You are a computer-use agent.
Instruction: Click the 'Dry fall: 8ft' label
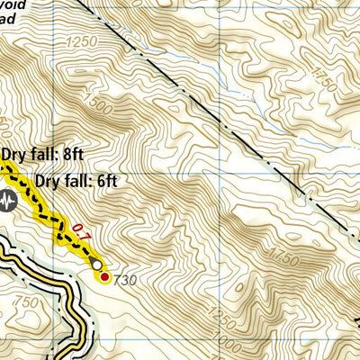coord(42,154)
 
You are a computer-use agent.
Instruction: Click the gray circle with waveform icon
coord(12,204)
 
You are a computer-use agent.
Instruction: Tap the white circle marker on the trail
coord(95,264)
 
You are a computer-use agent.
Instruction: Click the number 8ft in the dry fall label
coord(73,154)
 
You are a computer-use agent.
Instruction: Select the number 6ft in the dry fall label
coord(107,180)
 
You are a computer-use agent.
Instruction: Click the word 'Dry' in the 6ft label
coord(49,180)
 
